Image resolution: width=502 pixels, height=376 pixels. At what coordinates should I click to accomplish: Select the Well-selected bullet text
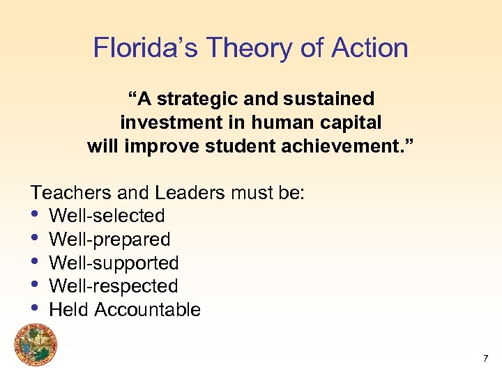click(107, 216)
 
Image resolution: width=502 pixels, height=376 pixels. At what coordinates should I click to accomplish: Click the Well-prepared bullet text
click(110, 240)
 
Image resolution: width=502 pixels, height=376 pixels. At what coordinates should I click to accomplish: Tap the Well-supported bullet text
click(114, 263)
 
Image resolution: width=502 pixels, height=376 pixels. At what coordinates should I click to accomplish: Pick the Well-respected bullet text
click(114, 286)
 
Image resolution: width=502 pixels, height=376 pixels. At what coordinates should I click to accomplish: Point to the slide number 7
click(485, 359)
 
